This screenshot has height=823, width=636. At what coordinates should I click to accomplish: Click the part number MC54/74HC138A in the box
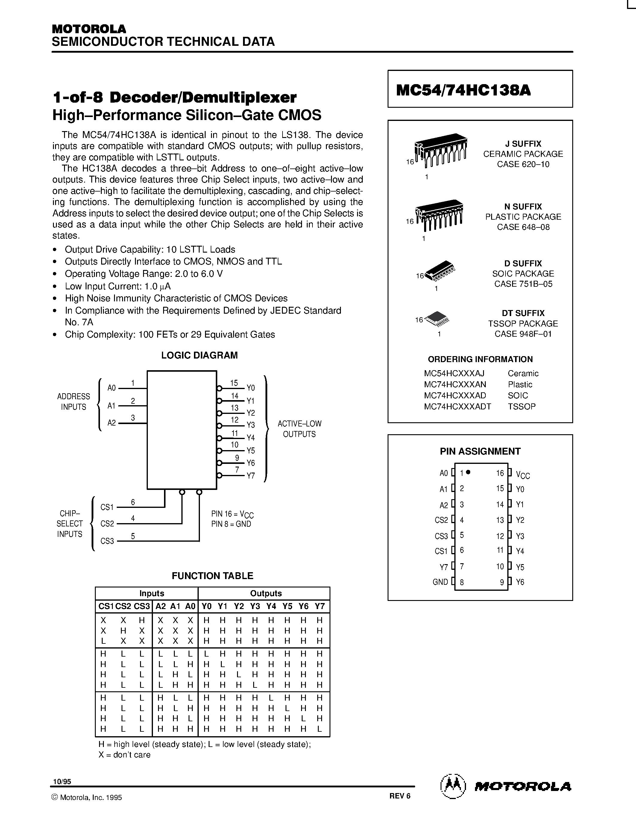tap(463, 90)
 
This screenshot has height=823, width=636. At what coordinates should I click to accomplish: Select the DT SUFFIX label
tap(523, 313)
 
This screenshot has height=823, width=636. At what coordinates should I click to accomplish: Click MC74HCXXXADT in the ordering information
tap(457, 406)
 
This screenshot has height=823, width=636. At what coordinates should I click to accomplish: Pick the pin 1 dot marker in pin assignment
tap(468, 472)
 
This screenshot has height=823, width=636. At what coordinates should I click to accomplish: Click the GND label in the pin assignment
tap(440, 582)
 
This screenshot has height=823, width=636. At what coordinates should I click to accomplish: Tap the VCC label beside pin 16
tap(523, 475)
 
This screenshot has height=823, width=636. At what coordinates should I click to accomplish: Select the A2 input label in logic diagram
tap(112, 423)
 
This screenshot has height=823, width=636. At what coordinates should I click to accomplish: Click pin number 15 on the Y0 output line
tap(234, 383)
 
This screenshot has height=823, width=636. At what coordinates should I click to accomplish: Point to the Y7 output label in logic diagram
tap(251, 476)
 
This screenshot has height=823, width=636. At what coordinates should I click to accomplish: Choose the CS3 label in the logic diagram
tap(107, 541)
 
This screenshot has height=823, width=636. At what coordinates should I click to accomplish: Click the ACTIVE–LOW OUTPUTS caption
tap(300, 429)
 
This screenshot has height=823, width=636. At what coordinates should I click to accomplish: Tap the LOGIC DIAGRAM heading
tap(199, 355)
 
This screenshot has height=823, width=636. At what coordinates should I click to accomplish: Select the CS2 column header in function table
tap(123, 606)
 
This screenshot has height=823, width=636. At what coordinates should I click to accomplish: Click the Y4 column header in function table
tap(271, 606)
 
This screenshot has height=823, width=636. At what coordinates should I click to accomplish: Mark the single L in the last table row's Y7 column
tap(320, 729)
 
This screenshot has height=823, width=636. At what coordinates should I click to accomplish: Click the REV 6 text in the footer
tap(400, 795)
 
